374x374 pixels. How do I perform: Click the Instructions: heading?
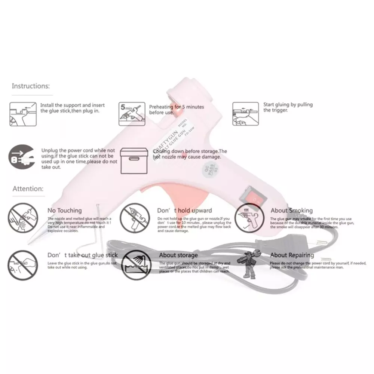31,86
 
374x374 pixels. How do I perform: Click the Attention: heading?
28,189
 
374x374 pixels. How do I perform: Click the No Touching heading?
64,211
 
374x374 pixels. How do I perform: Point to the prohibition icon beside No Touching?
22,218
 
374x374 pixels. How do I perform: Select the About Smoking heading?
291,211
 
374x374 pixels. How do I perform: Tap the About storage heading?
178,255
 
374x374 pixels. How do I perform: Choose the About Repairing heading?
292,255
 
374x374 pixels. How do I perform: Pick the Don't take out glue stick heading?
82,255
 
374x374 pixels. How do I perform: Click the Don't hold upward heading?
184,211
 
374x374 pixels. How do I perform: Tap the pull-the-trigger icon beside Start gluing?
246,114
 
